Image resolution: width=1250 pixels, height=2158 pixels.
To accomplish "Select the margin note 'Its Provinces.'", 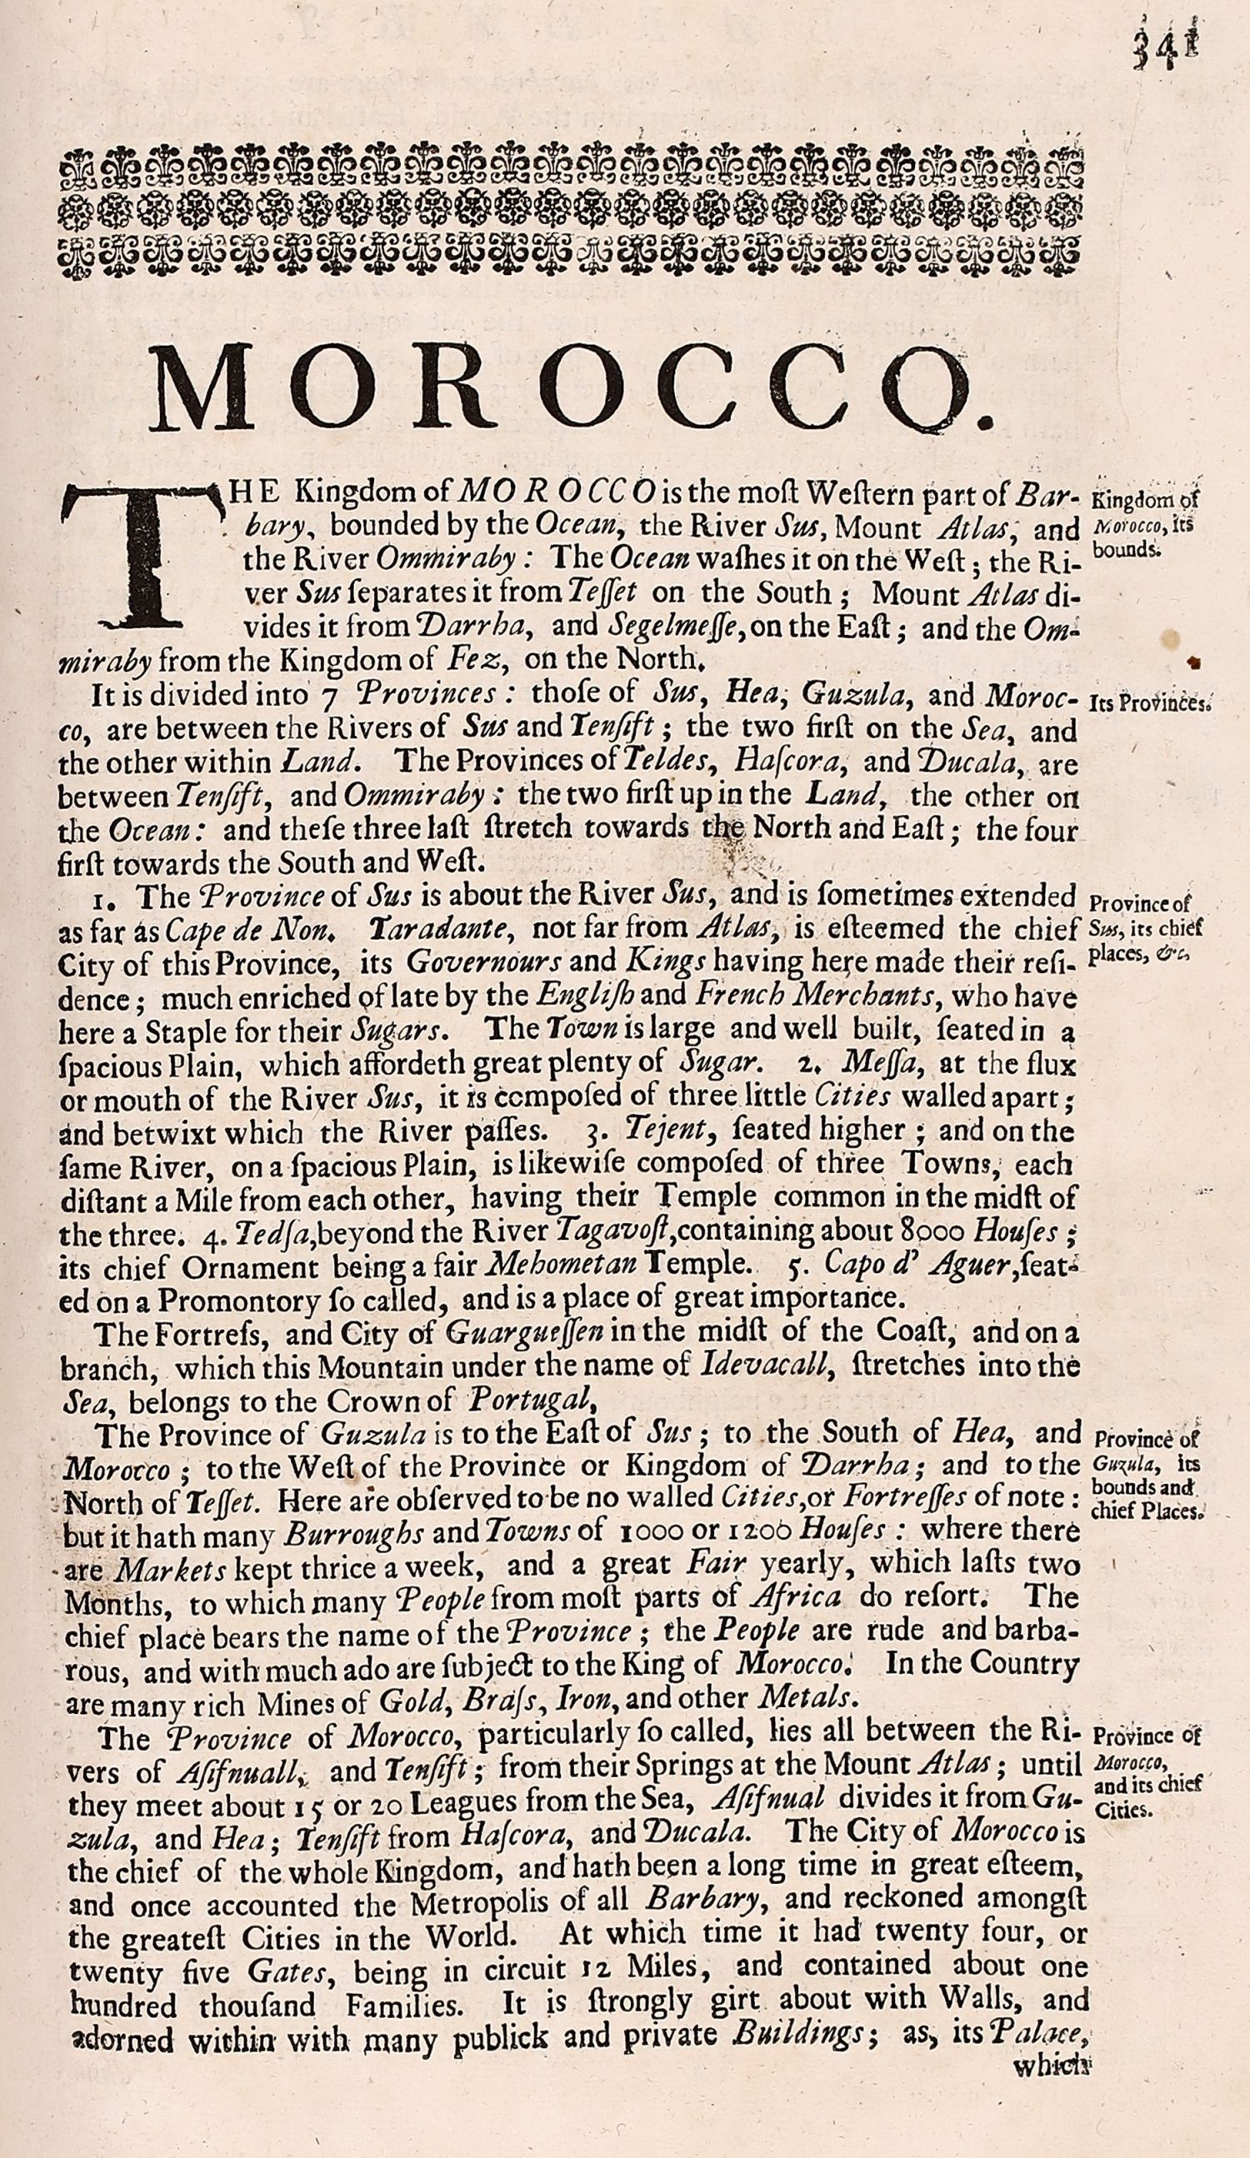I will point(1148,704).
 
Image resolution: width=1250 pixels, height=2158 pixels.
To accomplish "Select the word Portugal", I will point(529,1399).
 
